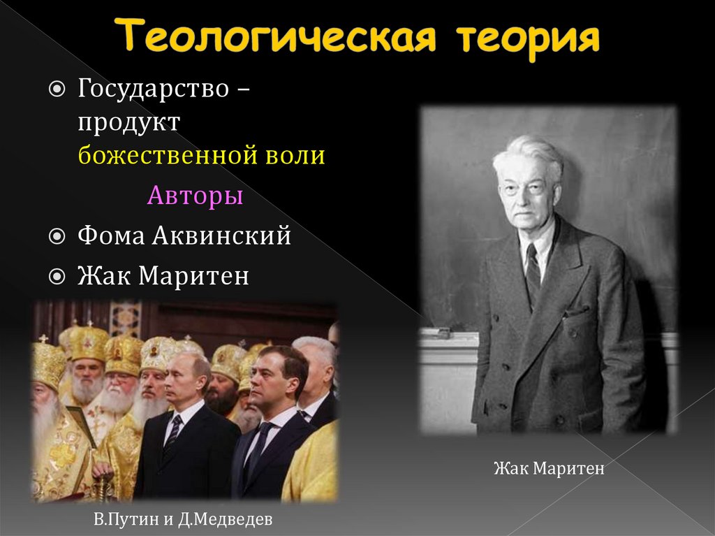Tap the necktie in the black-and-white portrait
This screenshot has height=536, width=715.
point(533,275)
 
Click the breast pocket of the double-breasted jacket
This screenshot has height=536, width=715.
point(577,310)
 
